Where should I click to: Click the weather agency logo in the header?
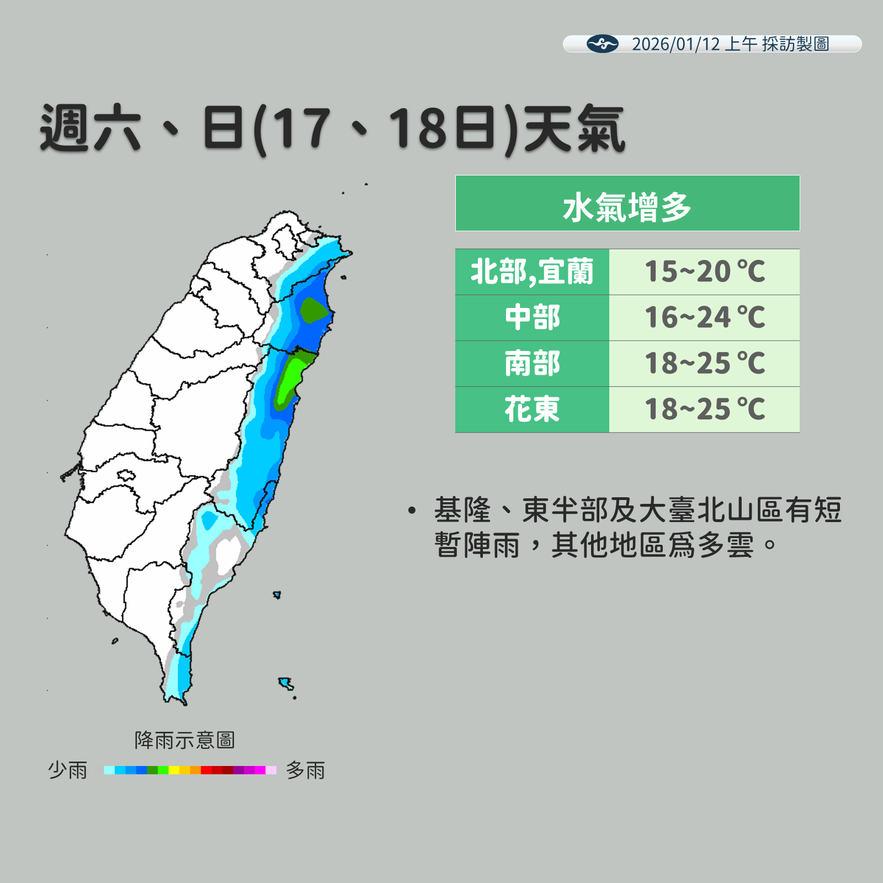tap(602, 44)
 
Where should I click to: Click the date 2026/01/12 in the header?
tap(675, 44)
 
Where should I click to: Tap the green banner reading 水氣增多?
tap(627, 203)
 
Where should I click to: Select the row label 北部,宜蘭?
tap(532, 272)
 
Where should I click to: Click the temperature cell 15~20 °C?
tap(704, 272)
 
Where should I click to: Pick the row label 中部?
tap(532, 318)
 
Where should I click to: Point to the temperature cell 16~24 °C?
tap(704, 318)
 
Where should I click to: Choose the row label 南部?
tap(532, 364)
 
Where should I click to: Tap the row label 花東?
tap(532, 409)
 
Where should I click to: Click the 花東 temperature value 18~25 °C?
tap(704, 409)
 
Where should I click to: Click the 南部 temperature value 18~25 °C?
tap(704, 364)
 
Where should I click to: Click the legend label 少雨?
tap(67, 770)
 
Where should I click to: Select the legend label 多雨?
tap(305, 770)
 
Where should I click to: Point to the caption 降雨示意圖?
tap(184, 740)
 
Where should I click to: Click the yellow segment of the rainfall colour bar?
tap(174, 770)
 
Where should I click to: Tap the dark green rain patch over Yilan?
tap(313, 311)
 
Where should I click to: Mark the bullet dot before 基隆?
tap(412, 510)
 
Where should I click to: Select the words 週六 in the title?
tap(91, 129)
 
